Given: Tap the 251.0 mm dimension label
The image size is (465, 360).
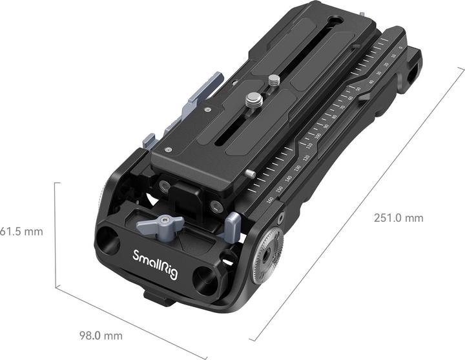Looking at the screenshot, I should tap(398, 218).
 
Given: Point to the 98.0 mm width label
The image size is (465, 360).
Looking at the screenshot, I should tap(101, 335).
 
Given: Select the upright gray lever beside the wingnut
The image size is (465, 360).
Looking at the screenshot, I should tap(232, 223).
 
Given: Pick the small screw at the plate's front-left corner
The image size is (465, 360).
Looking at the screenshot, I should tap(168, 149).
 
